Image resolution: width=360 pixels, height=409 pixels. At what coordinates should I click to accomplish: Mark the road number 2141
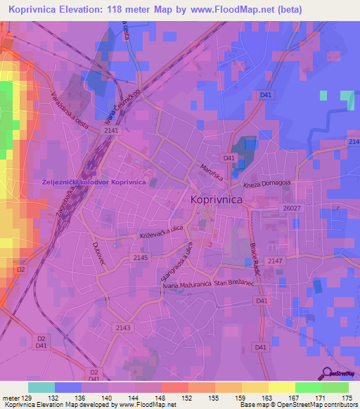click(x=112, y=131)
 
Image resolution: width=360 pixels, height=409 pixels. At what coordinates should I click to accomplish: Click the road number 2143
click(x=123, y=327)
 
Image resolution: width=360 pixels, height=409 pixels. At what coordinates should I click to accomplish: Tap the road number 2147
click(x=275, y=261)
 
